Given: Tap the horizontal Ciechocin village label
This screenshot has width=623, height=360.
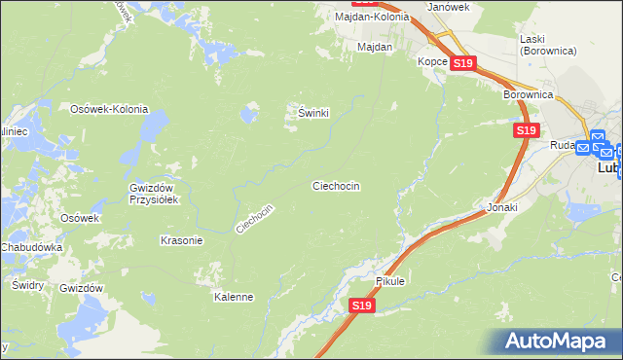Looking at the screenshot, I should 336,185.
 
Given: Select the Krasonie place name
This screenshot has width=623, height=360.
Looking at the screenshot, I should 180,239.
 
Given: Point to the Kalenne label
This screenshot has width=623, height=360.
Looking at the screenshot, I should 234,297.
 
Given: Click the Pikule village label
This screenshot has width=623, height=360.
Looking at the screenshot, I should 389,281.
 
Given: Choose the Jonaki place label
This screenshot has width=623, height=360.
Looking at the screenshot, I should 501,208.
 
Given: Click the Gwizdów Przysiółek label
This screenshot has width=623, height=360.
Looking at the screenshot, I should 151,194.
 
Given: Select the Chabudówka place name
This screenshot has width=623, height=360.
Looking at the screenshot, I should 31,247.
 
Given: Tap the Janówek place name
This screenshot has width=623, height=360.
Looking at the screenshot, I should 450,7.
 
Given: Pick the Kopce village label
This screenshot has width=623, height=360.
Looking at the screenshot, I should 432,61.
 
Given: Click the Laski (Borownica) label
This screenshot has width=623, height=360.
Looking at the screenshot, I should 549,43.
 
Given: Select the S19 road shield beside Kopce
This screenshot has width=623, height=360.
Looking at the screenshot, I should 462,63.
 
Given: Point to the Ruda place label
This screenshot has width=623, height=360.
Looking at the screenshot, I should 562,146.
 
